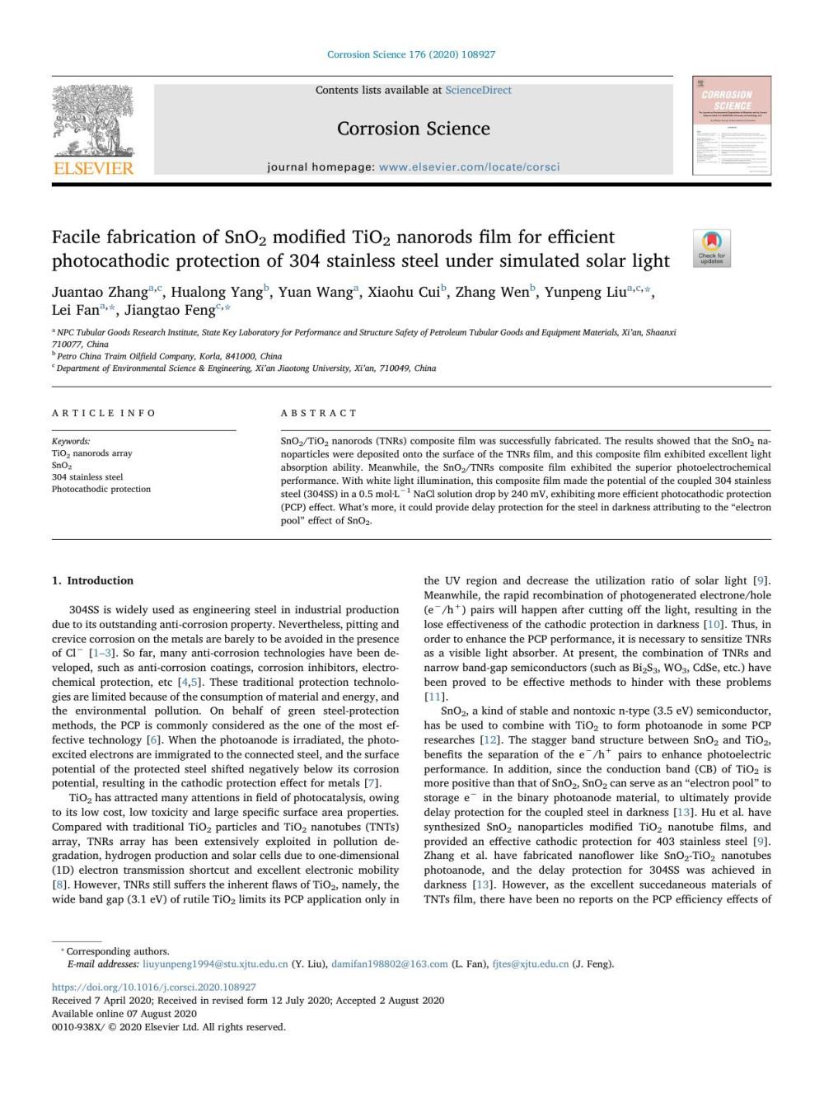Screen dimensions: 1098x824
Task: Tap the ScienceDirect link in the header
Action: coord(478,90)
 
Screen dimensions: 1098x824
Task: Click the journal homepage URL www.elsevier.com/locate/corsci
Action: coord(468,167)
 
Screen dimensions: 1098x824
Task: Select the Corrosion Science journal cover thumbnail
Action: coord(732,125)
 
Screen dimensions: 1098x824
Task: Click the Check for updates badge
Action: coord(711,248)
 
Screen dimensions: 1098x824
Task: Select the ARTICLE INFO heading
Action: coord(103,413)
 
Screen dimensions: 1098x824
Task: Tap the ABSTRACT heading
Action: coord(319,413)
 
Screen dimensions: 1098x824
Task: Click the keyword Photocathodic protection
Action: coord(101,489)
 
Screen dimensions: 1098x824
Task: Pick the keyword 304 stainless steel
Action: coord(87,476)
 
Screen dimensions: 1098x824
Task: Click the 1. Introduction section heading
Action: coord(92,580)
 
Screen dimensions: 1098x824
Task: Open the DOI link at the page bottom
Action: coord(153,987)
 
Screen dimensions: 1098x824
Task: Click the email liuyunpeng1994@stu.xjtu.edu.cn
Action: coord(215,964)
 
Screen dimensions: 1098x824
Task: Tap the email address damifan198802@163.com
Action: coord(389,964)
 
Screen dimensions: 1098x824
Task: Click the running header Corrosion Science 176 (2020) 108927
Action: coord(411,54)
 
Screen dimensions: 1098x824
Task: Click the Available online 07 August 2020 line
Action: coord(124,1013)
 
